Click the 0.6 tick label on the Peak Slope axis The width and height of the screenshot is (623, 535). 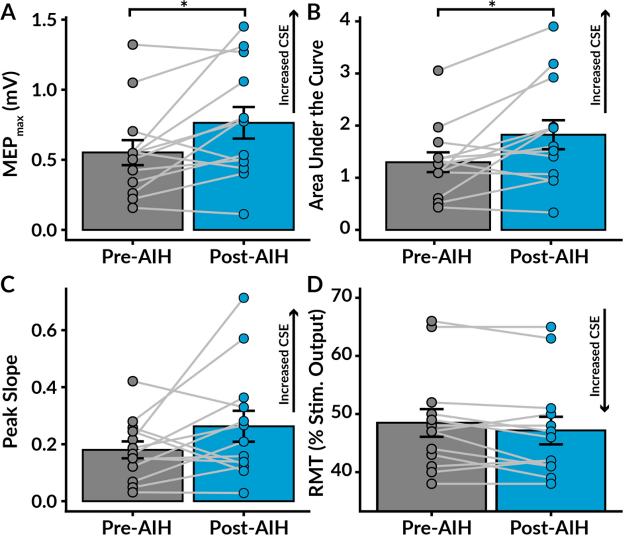(x=45, y=330)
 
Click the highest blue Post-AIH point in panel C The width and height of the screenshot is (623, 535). (x=244, y=298)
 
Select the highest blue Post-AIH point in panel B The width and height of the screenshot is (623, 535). (x=553, y=26)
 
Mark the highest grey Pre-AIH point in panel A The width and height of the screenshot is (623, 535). (x=133, y=45)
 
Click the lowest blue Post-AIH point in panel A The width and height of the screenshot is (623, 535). (x=244, y=214)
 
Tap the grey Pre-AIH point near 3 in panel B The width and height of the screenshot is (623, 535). (x=438, y=70)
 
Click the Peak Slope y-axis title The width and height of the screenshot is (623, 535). (x=12, y=401)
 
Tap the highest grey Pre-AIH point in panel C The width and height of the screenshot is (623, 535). (x=133, y=381)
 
